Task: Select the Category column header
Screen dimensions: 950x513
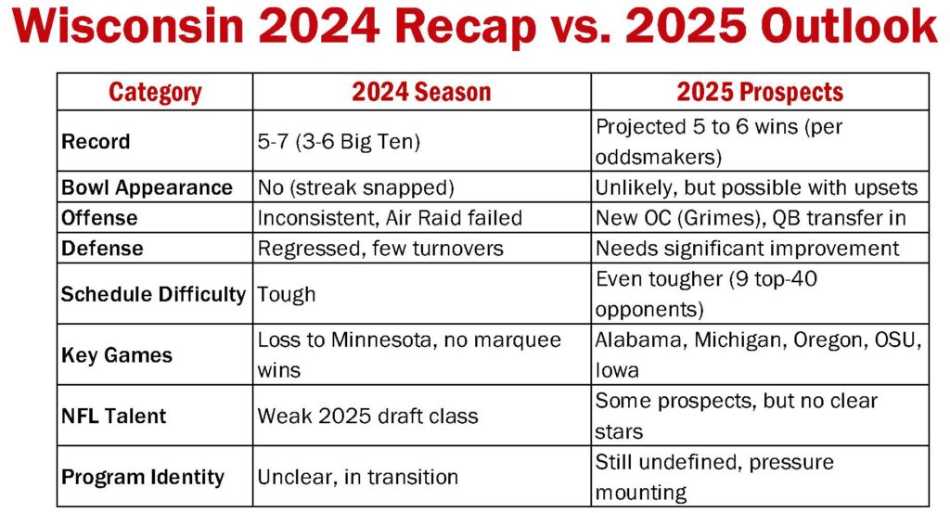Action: click(x=155, y=92)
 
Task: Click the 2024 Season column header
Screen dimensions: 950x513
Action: click(x=421, y=92)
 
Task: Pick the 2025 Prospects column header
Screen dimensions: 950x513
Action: click(x=760, y=92)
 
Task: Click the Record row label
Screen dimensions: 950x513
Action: click(x=96, y=141)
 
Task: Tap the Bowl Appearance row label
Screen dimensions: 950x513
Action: click(x=147, y=187)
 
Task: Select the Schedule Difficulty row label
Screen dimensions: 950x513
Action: click(x=153, y=294)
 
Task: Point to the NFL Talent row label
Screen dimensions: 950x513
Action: click(x=113, y=417)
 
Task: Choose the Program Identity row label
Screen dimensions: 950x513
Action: click(x=142, y=477)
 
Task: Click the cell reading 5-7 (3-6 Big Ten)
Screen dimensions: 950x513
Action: click(x=338, y=141)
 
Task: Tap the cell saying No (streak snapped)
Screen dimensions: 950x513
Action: click(x=355, y=187)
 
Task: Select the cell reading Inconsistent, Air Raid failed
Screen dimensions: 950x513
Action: click(x=390, y=218)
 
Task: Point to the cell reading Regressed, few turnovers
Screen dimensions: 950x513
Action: click(x=379, y=249)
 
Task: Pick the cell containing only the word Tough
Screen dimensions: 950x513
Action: click(x=286, y=294)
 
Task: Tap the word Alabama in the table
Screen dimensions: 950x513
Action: click(x=641, y=340)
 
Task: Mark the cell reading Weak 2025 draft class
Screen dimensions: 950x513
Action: click(x=367, y=417)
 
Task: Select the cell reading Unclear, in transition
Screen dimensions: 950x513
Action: click(x=357, y=477)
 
